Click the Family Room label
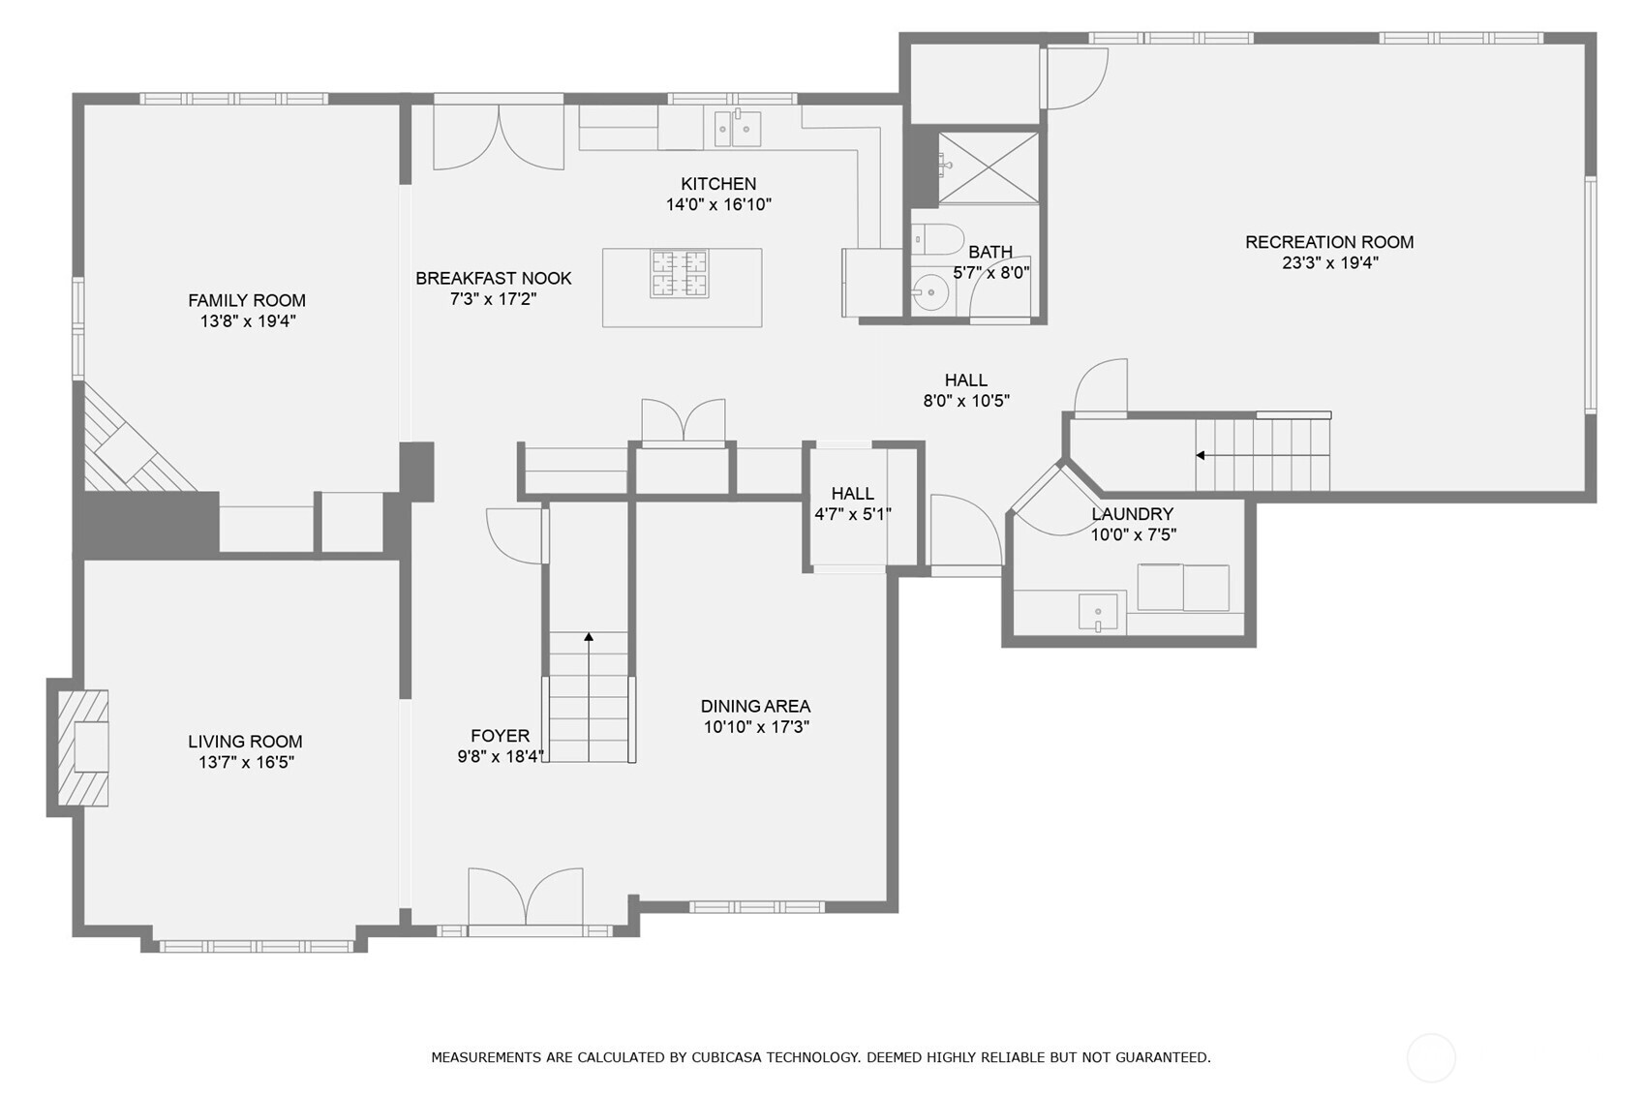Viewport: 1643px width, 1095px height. [x=247, y=300]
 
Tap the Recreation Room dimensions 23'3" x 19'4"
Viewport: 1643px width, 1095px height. [x=1330, y=262]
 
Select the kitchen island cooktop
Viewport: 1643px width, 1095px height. [x=680, y=274]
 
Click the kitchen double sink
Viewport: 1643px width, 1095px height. [x=737, y=129]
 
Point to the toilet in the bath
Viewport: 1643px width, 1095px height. [x=937, y=239]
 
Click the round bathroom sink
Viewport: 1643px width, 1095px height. [x=930, y=292]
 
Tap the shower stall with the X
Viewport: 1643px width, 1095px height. [x=988, y=167]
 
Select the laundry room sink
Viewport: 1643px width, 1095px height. [x=1098, y=612]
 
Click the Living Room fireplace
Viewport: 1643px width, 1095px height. [x=83, y=747]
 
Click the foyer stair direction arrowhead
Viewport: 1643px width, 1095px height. [x=589, y=637]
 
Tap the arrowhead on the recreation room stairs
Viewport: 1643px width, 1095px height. [x=1200, y=455]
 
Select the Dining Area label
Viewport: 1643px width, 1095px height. [x=755, y=707]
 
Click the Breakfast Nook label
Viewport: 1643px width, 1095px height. [x=494, y=278]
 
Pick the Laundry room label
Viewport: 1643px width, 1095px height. [x=1133, y=514]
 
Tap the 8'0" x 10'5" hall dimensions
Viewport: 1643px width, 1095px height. [x=966, y=401]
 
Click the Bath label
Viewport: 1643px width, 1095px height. [x=990, y=253]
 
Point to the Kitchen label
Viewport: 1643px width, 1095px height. [x=718, y=184]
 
